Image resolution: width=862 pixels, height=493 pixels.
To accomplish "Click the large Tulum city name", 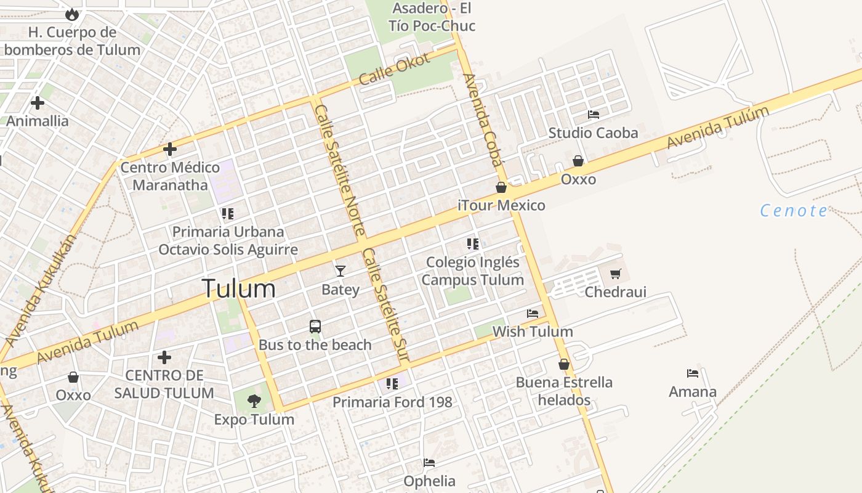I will [239, 288].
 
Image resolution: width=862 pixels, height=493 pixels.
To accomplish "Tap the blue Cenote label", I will [794, 211].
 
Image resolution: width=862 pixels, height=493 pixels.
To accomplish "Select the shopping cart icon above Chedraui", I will [615, 274].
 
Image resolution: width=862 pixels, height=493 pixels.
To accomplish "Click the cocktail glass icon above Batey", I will [340, 271].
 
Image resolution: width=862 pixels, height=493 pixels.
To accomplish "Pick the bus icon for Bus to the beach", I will [315, 327].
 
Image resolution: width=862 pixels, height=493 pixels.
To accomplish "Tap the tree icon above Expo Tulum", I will [254, 401].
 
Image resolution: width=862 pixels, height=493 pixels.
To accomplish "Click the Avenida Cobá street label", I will [484, 120].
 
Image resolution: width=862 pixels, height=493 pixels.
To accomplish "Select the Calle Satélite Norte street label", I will [340, 170].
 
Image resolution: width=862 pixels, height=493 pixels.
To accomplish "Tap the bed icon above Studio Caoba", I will [594, 115].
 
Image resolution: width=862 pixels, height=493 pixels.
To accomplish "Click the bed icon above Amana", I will [693, 373].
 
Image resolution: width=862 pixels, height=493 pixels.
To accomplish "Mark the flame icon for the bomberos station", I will [72, 14].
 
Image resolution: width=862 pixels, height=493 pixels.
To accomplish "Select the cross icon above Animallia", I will [38, 102].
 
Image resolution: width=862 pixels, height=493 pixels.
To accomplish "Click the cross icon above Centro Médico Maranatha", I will [170, 149].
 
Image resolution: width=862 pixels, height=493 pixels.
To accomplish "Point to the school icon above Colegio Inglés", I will [473, 244].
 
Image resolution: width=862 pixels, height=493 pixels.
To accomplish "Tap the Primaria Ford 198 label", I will [392, 402].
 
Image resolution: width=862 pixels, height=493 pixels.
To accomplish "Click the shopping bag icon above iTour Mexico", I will [501, 187].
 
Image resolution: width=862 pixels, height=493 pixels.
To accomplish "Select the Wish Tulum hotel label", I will [533, 332].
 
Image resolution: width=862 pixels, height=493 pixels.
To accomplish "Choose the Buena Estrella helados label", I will [564, 391].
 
